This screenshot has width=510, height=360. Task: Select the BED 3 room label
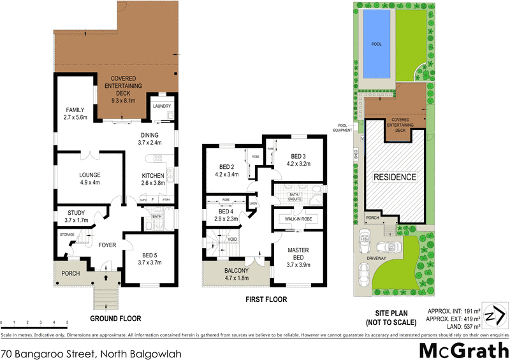pyautogui.click(x=299, y=159)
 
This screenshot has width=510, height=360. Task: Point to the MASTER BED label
pyautogui.click(x=298, y=254)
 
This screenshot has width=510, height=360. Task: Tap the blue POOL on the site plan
pyautogui.click(x=375, y=45)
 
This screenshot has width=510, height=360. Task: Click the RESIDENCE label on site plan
pyautogui.click(x=395, y=176)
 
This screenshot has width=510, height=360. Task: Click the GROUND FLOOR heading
pyautogui.click(x=115, y=318)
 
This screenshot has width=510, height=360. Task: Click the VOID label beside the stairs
pyautogui.click(x=233, y=240)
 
